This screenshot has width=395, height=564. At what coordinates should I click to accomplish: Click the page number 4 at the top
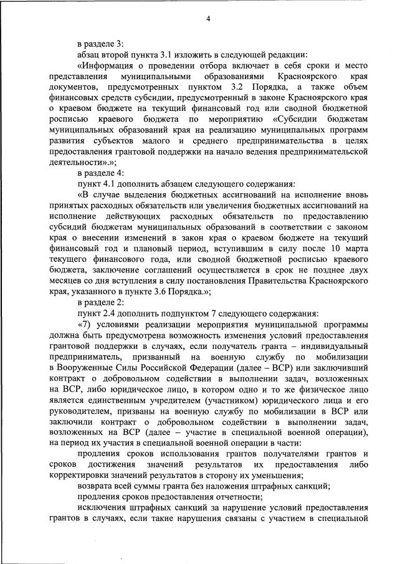click(209, 19)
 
